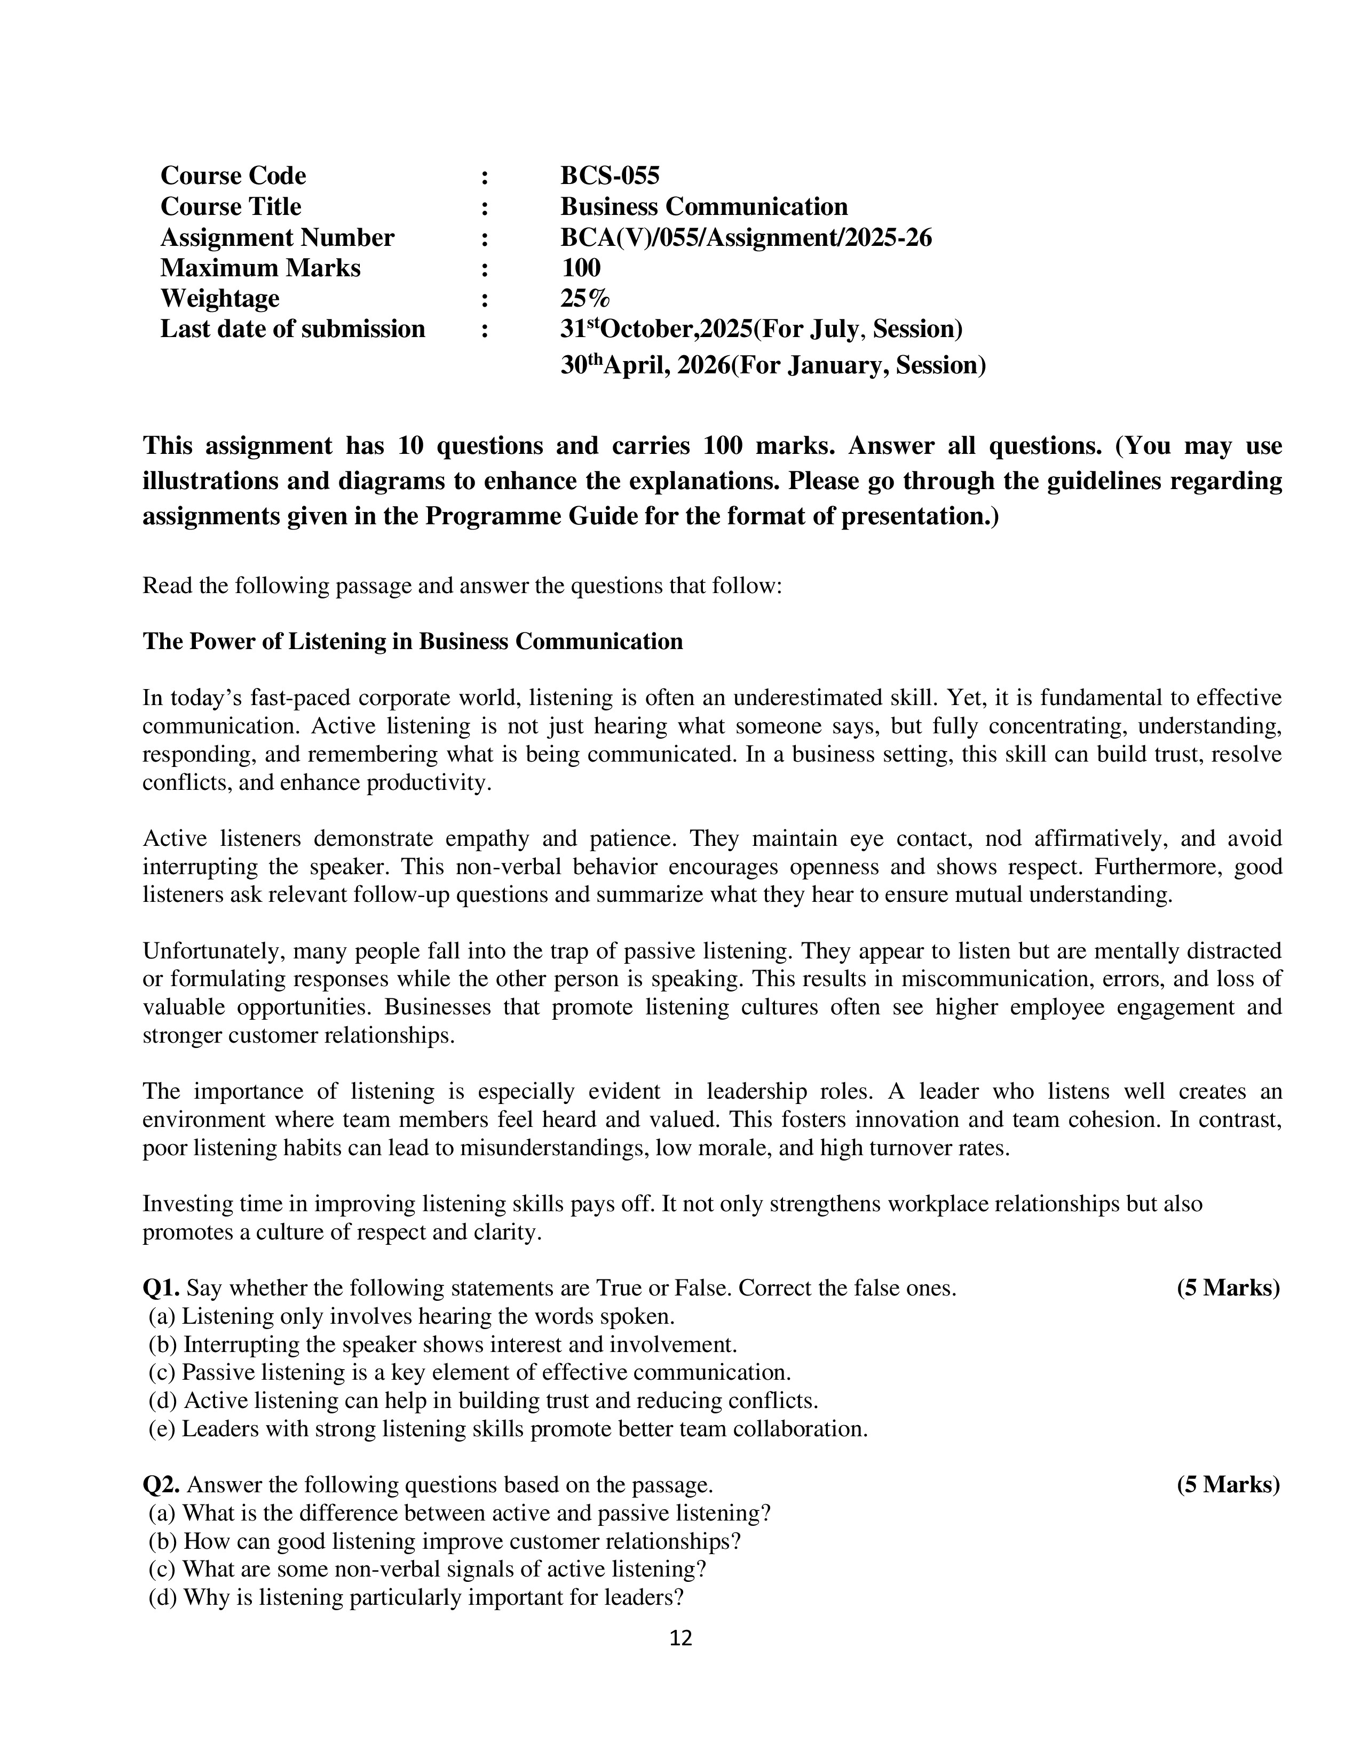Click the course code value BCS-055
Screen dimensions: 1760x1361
610,175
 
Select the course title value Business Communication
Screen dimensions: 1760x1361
704,206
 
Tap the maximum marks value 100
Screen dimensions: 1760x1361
581,268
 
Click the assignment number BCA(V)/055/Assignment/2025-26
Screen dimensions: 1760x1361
746,238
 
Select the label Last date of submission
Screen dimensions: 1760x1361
292,329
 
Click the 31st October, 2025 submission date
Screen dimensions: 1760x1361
761,329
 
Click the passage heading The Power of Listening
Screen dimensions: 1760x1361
412,642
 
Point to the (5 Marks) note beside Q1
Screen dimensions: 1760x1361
1228,1288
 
